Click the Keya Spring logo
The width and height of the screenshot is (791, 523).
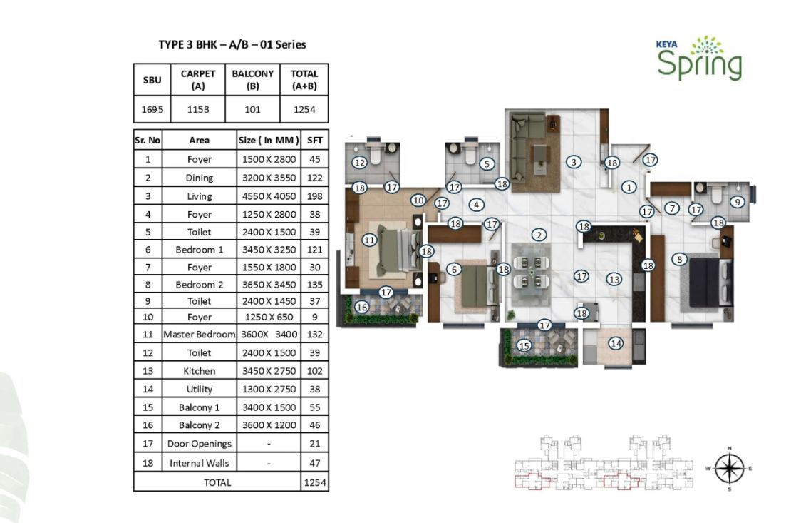point(699,58)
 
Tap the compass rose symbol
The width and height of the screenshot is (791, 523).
point(729,469)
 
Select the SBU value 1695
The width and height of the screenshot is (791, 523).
point(152,109)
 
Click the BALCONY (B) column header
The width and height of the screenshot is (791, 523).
point(253,79)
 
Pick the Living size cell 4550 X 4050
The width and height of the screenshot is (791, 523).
point(269,196)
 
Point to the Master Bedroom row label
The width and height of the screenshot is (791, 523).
point(200,334)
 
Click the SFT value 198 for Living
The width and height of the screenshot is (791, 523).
point(315,196)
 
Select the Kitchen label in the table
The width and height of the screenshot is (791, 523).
point(200,371)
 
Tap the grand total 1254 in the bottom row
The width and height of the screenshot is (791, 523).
point(315,482)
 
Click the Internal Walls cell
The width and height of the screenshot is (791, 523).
point(200,463)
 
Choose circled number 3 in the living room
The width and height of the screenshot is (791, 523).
point(574,162)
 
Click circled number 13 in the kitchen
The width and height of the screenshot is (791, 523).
point(614,279)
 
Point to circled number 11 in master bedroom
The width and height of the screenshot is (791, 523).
point(369,240)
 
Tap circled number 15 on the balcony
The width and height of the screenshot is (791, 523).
point(524,345)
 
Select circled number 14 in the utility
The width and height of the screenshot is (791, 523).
point(616,344)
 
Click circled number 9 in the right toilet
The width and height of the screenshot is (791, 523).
point(738,202)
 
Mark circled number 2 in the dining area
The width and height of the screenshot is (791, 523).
point(539,235)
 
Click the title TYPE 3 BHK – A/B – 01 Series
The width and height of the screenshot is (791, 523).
point(232,44)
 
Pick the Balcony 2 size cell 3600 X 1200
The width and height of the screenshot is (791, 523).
point(269,425)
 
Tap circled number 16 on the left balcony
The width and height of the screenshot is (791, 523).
point(362,307)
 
